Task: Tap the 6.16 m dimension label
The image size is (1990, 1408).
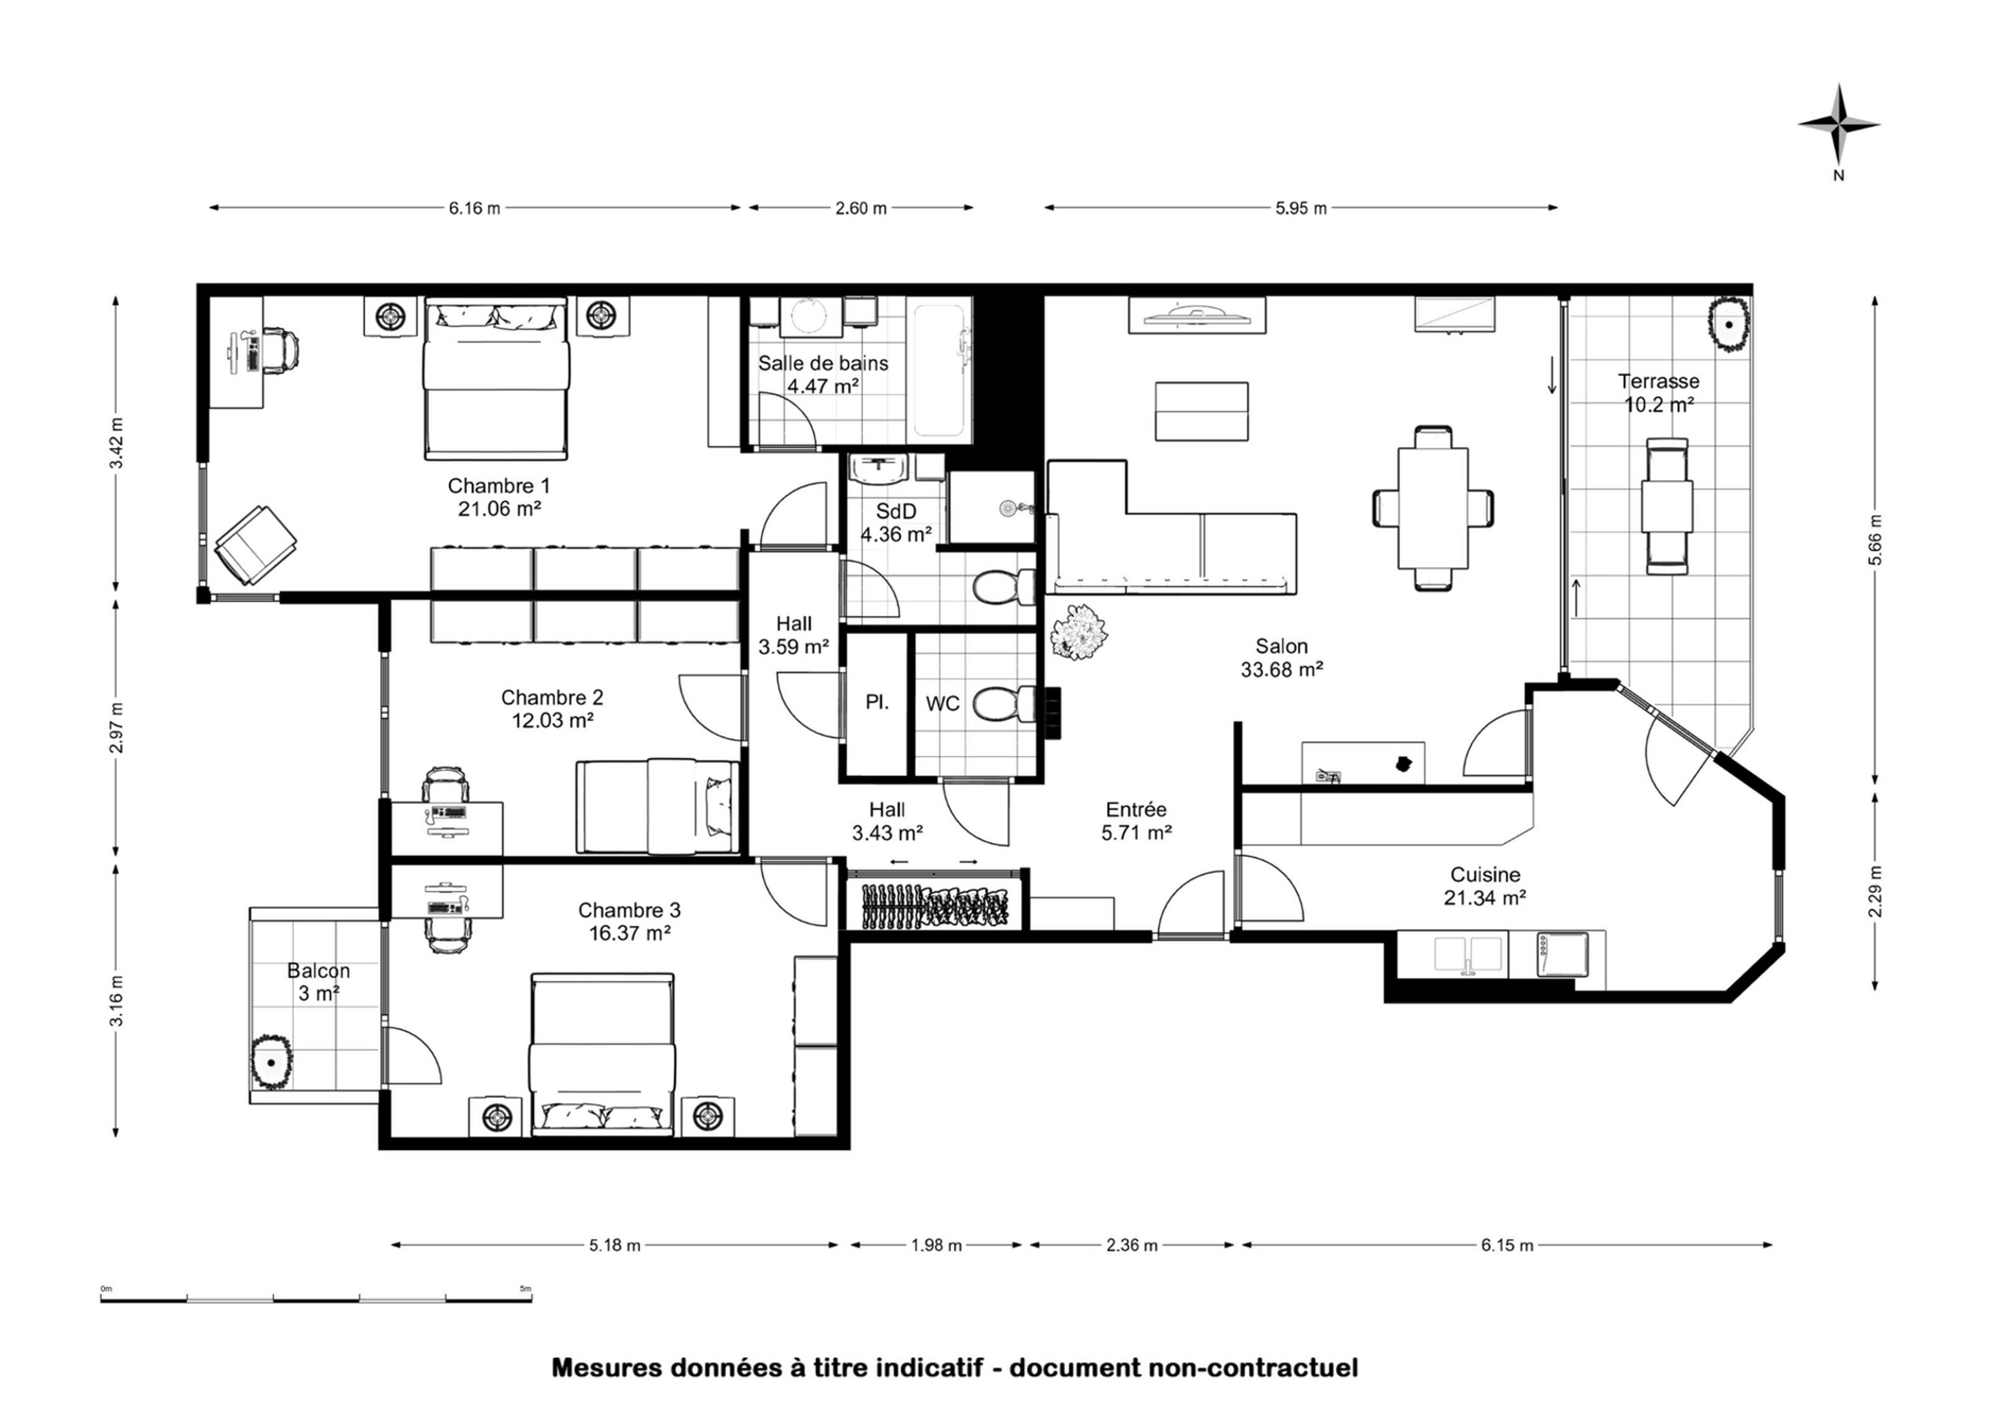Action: [x=474, y=209]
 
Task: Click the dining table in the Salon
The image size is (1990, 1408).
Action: [x=1432, y=508]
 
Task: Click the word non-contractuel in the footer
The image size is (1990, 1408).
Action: [x=1253, y=1368]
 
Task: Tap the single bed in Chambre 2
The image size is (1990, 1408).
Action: [x=657, y=807]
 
